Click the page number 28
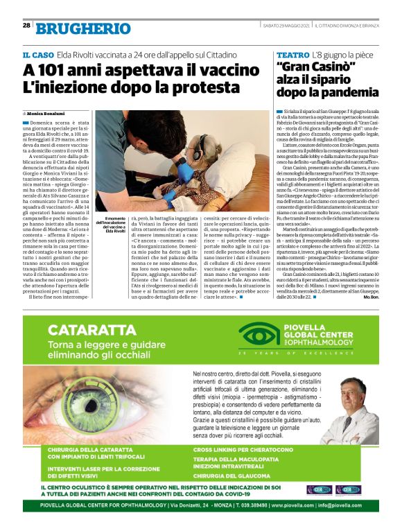26,26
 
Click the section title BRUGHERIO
83,28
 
